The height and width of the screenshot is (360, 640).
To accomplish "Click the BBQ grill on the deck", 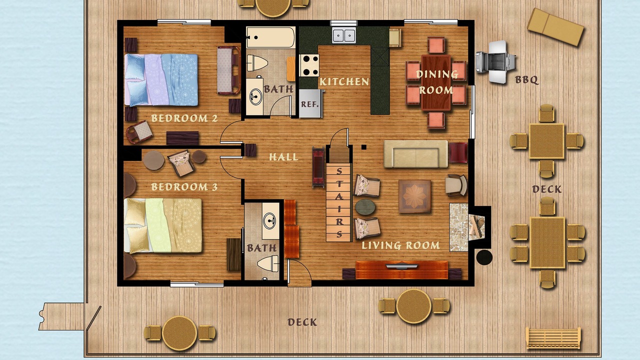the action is click(495, 62).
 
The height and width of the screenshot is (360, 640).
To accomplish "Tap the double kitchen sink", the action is click(344, 35).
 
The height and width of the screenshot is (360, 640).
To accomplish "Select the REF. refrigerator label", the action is click(309, 104).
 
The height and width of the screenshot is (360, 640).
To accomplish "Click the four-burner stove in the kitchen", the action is click(309, 65).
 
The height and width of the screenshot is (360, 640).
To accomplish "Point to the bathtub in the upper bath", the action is click(270, 37).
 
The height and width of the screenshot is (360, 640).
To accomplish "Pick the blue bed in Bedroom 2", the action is click(161, 79).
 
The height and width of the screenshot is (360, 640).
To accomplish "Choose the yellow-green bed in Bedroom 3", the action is click(163, 225).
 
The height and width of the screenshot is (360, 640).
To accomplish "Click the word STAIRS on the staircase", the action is click(339, 202).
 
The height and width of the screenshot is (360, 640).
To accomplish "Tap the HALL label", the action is click(283, 157).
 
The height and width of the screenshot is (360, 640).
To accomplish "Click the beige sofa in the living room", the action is click(415, 154).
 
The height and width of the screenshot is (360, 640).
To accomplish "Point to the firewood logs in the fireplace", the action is click(476, 226).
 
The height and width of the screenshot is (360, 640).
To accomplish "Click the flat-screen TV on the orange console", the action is click(401, 266).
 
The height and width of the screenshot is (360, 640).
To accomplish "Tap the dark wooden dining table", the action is click(436, 82).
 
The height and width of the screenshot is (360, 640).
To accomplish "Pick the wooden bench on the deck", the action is click(553, 338).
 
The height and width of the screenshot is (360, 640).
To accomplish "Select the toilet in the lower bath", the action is click(267, 263).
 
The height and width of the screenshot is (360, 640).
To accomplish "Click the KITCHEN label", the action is click(344, 82).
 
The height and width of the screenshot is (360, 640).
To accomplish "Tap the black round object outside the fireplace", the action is click(484, 257).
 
